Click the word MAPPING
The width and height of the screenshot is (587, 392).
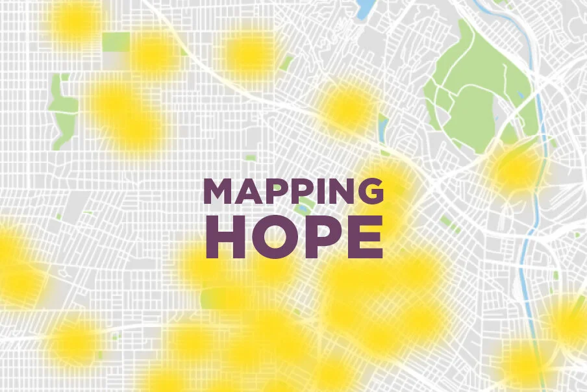pyautogui.click(x=293, y=192)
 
